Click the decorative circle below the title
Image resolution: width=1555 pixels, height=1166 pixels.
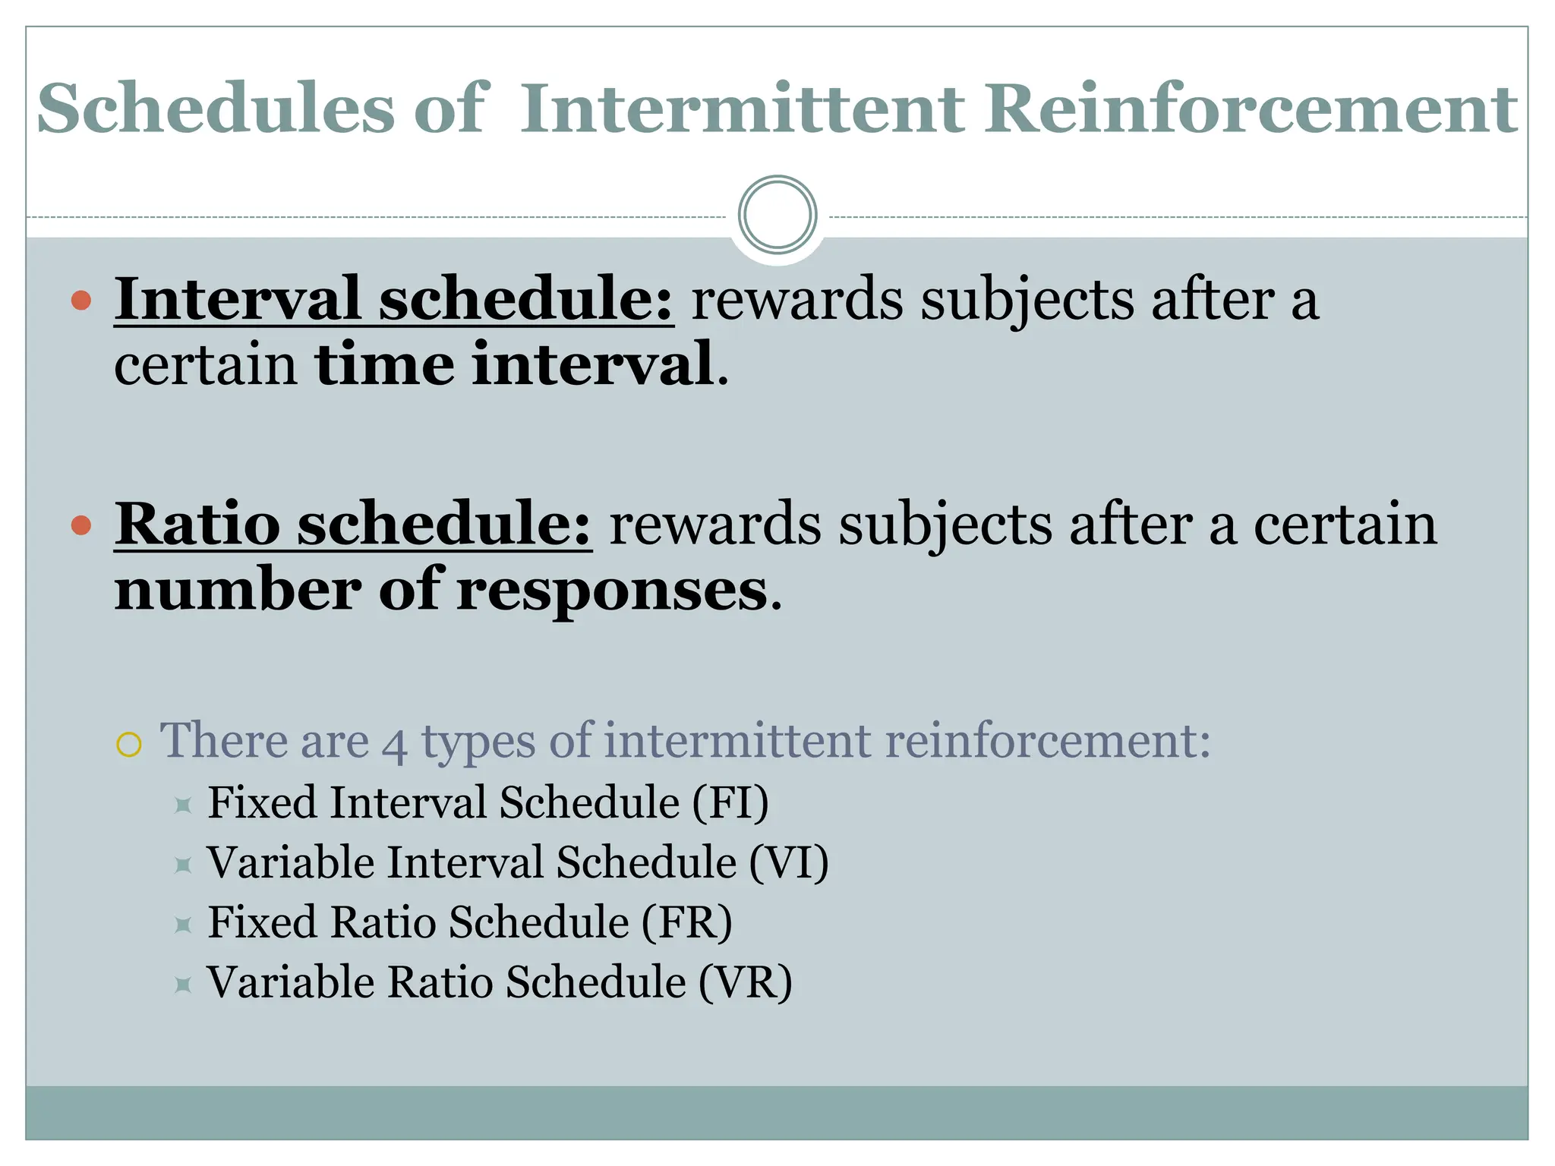coord(777,215)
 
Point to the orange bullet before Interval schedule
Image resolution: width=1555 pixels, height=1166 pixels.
coord(81,301)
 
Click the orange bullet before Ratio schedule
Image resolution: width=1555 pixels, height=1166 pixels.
coord(81,525)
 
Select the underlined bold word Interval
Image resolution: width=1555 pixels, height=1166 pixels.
coord(237,299)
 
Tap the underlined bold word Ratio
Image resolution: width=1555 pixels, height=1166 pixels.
coord(197,525)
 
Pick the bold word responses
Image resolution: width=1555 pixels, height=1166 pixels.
coord(612,590)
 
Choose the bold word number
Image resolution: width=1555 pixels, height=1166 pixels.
coord(238,590)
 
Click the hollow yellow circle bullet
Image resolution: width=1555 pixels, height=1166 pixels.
coord(129,744)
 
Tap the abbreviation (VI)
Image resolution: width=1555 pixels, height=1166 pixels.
coord(789,862)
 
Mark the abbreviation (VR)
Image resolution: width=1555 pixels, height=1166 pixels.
coord(746,982)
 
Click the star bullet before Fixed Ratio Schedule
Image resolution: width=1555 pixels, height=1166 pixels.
coord(182,925)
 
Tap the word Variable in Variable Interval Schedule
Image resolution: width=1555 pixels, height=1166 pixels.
coord(291,862)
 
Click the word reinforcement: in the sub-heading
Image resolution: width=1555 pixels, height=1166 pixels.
coord(1048,740)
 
